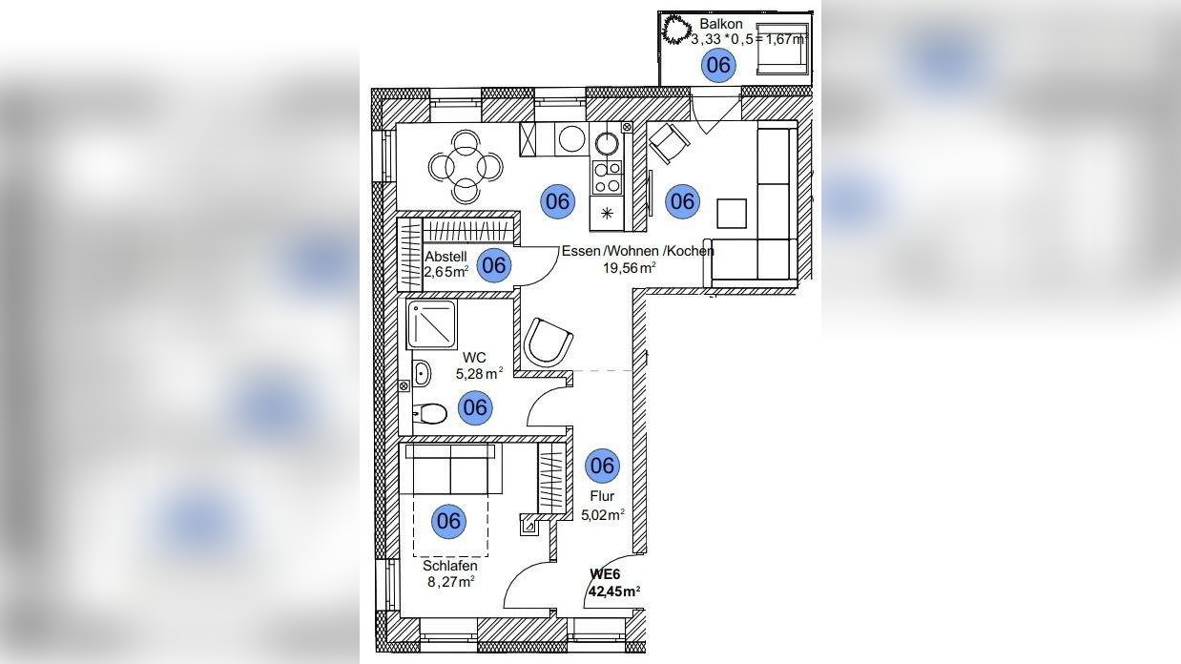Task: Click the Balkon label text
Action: (x=720, y=23)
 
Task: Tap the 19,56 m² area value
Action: (x=627, y=268)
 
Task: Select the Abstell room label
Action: (x=445, y=256)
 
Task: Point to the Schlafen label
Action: (x=449, y=565)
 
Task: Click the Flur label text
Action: (x=601, y=496)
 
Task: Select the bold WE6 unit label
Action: (x=606, y=573)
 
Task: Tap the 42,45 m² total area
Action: (x=613, y=591)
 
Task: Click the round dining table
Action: (x=466, y=167)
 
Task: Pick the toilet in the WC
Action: (x=431, y=414)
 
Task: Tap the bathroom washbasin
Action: (x=422, y=372)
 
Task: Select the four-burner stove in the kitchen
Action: (x=607, y=176)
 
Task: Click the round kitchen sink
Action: (x=607, y=144)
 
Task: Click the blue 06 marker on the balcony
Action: (x=718, y=65)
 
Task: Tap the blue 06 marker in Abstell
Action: (x=493, y=265)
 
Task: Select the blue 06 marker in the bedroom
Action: (x=448, y=521)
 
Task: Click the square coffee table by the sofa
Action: (x=733, y=213)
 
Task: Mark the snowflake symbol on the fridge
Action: (x=607, y=214)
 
